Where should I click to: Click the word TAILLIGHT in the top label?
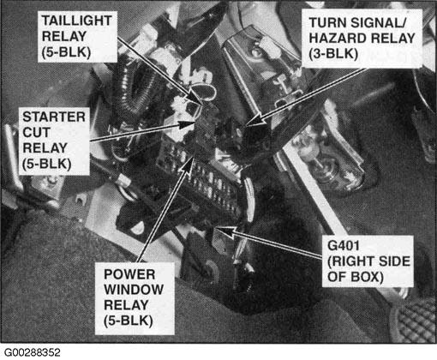76,21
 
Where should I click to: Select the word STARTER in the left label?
54,117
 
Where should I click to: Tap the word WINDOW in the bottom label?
134,290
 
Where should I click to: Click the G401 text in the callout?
344,245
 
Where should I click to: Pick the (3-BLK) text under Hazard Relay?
333,54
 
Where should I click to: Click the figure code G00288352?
33,352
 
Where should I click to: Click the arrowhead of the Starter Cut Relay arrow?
187,124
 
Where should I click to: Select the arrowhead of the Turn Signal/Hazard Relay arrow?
256,119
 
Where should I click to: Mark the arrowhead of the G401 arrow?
224,231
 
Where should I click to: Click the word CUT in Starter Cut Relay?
36,132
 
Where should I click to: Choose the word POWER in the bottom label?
129,274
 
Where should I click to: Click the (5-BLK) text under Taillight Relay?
66,52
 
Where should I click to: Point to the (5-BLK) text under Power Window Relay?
129,321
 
